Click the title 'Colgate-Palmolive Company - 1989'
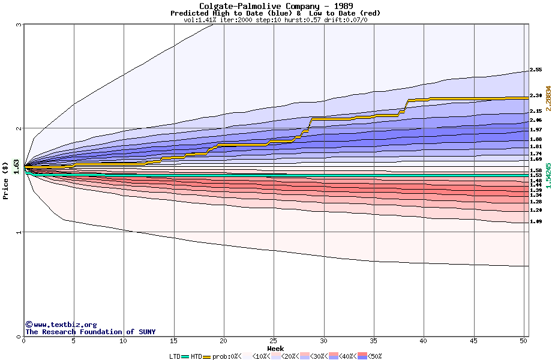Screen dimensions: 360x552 point(275,6)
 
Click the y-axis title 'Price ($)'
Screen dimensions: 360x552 point(5,180)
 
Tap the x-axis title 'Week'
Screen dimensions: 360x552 point(275,349)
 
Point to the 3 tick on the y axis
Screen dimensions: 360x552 point(19,25)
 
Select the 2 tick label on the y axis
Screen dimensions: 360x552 point(19,128)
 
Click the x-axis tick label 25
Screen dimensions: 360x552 point(274,341)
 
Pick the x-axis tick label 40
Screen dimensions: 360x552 point(424,341)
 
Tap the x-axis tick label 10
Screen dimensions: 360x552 point(124,341)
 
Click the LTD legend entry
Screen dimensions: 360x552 point(175,356)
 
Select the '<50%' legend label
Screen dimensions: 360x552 point(374,356)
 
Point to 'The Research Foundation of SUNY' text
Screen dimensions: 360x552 point(90,332)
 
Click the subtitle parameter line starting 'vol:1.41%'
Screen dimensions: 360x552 point(275,20)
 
